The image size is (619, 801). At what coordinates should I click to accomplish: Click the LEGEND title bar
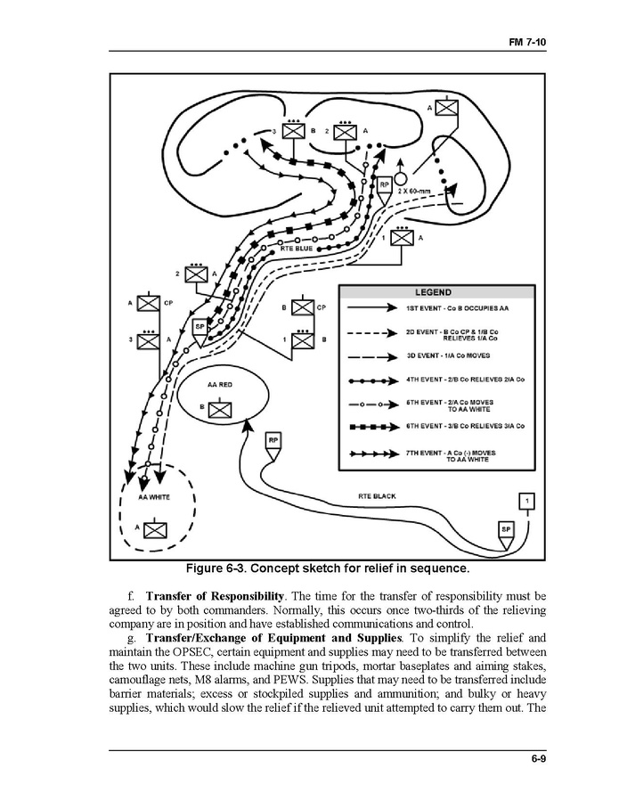click(x=435, y=292)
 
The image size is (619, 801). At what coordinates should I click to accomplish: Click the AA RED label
click(x=219, y=385)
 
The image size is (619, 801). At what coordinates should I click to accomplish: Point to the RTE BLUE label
click(x=297, y=249)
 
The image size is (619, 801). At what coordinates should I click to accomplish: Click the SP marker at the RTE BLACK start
click(x=505, y=529)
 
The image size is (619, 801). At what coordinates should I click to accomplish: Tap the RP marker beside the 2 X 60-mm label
click(x=385, y=185)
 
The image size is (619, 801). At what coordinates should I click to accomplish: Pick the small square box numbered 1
click(x=526, y=501)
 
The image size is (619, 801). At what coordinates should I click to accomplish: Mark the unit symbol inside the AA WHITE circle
click(x=155, y=529)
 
